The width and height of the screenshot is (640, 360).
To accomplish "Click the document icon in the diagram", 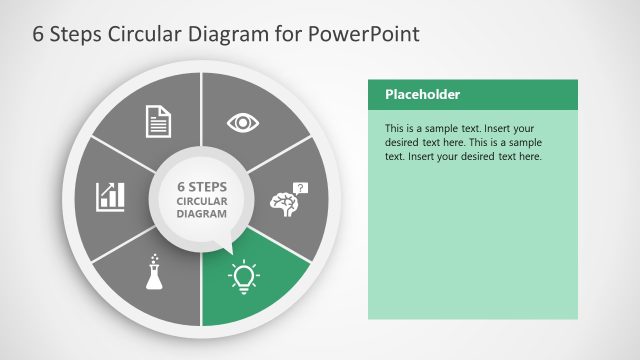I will coord(159,121).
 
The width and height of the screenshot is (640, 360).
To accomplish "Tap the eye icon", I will coord(243,122).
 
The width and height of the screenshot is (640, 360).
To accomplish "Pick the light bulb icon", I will coord(243,275).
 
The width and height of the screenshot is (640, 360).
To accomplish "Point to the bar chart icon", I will coord(110,196).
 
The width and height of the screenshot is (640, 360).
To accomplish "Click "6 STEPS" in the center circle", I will coord(202,186).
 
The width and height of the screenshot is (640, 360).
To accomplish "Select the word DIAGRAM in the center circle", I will coord(202,214).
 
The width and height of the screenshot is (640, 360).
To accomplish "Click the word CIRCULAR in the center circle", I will coord(202,200).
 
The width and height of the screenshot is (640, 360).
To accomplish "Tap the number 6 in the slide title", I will coord(39,34).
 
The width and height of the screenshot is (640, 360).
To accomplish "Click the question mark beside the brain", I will coord(302,187).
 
